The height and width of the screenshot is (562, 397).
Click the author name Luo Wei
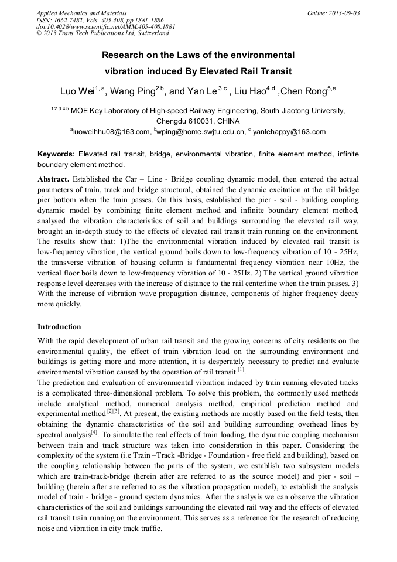[77, 91]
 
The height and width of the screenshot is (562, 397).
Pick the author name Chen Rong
[303, 91]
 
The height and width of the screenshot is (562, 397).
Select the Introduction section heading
[59, 326]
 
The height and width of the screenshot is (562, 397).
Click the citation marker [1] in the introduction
[241, 371]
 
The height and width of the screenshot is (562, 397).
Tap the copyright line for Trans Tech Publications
[102, 33]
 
